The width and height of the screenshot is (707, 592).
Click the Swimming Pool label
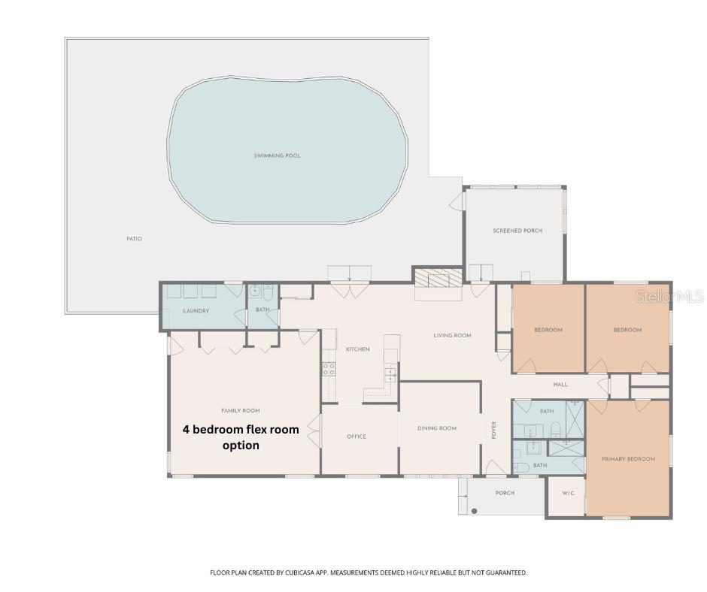click(277, 156)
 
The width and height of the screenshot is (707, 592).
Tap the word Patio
click(134, 239)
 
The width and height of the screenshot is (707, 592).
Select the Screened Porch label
click(517, 231)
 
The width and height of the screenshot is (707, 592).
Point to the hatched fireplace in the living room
click(437, 279)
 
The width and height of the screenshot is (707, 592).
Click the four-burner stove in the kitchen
click(329, 369)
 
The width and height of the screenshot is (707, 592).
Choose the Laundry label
click(196, 310)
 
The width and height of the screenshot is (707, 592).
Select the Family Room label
click(240, 411)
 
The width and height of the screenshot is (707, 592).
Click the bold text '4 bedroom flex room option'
click(241, 437)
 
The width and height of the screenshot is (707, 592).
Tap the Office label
click(357, 436)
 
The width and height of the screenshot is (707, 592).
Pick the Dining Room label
click(437, 428)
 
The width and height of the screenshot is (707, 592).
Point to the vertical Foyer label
click(494, 430)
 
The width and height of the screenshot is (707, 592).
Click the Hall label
click(560, 385)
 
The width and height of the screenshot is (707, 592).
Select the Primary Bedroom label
click(628, 458)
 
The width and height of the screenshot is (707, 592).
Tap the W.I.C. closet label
click(568, 494)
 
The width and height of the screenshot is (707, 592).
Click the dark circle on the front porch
click(475, 511)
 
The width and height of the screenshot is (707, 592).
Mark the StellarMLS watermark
click(669, 297)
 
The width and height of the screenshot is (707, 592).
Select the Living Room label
click(452, 335)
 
